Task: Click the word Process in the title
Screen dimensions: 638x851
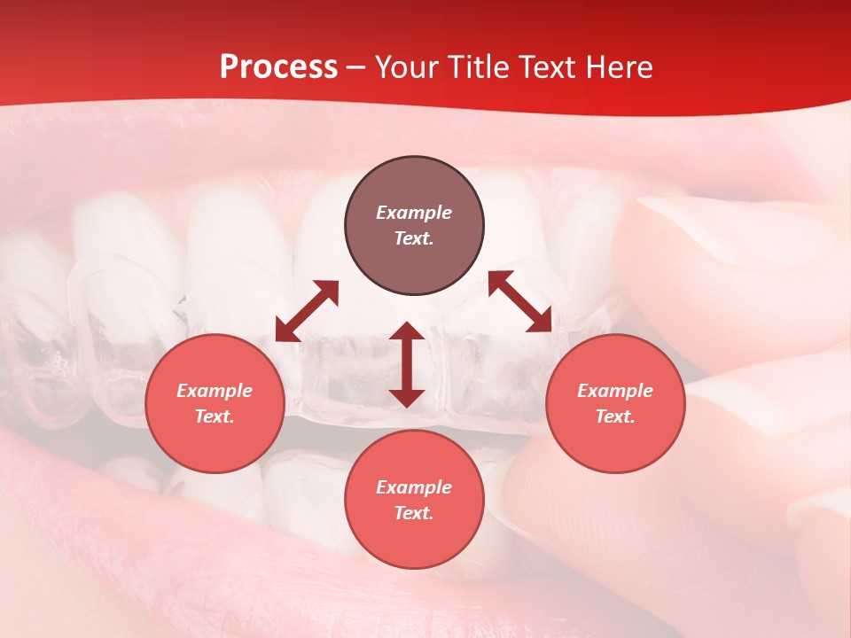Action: (x=278, y=67)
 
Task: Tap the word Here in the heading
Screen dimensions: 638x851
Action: (x=617, y=67)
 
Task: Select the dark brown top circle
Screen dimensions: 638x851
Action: (x=414, y=226)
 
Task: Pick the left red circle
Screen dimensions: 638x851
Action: (x=215, y=404)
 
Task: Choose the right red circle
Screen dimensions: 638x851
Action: (x=615, y=404)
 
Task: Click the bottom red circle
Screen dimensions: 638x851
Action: (x=414, y=500)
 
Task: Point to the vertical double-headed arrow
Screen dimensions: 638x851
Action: (x=407, y=364)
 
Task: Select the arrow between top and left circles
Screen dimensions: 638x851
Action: (x=307, y=311)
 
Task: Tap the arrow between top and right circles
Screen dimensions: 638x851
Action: (x=520, y=301)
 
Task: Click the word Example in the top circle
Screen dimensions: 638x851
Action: (x=414, y=213)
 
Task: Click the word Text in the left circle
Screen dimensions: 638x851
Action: (x=215, y=416)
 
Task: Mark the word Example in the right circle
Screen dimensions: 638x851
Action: (x=615, y=391)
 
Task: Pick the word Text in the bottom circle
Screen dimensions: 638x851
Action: (x=414, y=513)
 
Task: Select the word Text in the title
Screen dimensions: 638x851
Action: (x=547, y=67)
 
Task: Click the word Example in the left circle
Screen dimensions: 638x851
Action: (x=215, y=391)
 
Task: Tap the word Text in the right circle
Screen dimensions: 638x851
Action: (x=615, y=416)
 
